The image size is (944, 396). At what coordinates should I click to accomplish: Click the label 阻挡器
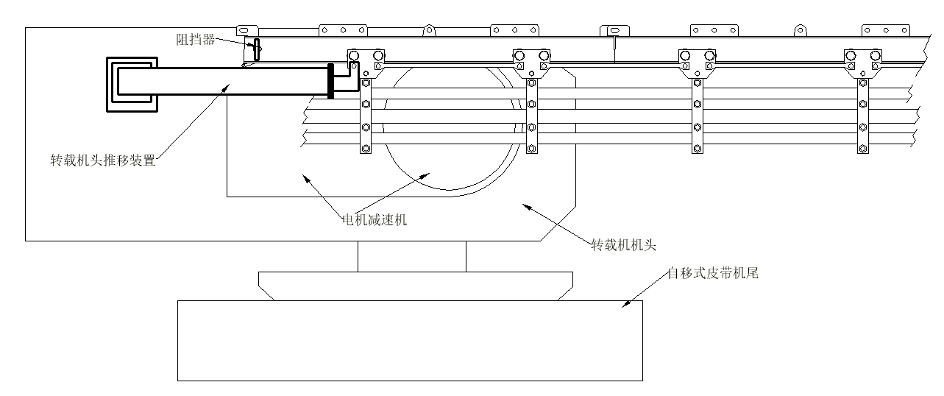[x=195, y=40]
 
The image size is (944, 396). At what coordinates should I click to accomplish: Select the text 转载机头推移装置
[x=102, y=160]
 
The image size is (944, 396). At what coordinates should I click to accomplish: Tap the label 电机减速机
[x=375, y=219]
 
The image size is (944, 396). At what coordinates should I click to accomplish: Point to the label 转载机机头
[x=628, y=244]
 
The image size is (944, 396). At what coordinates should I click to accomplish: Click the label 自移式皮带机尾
[x=712, y=274]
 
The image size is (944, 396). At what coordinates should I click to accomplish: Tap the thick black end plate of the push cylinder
[x=330, y=81]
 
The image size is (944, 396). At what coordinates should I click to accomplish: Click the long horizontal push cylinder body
[x=221, y=81]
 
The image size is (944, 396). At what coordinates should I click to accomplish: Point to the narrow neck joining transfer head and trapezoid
[x=411, y=256]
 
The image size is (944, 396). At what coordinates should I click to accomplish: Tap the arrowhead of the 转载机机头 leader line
[x=525, y=205]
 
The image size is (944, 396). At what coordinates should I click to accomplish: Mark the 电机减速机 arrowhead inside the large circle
[x=426, y=174]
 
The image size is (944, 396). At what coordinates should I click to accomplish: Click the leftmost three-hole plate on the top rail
[x=342, y=31]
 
